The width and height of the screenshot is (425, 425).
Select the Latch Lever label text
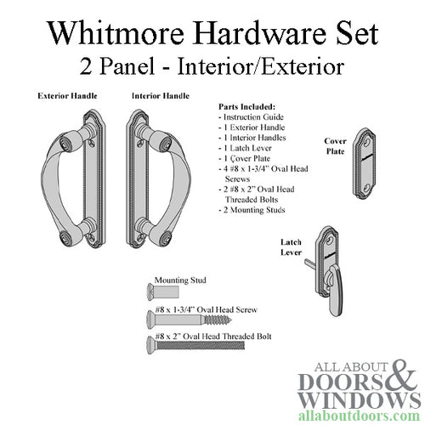[292, 247]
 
